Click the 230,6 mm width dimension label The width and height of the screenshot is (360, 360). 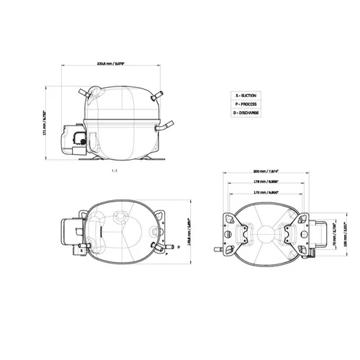click(112, 64)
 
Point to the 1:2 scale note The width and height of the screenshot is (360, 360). click(114, 171)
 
